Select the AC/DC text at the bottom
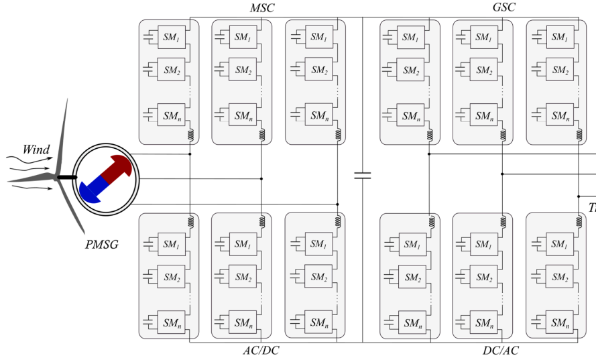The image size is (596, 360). click(261, 351)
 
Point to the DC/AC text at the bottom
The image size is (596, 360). click(501, 351)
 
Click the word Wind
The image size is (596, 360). click(36, 149)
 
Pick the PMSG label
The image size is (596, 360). click(102, 245)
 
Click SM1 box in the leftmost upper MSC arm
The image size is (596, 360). click(171, 38)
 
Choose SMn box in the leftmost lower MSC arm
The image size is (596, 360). click(171, 322)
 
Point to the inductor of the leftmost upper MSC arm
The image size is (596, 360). click(190, 134)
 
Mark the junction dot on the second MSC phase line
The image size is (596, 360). click(261, 179)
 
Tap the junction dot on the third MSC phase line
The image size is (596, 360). click(337, 204)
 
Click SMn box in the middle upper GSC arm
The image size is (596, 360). click(483, 115)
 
